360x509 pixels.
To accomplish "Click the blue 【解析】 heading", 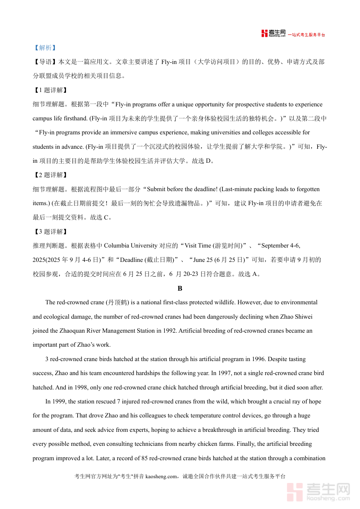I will [44, 48].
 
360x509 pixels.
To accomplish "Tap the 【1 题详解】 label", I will [50, 90].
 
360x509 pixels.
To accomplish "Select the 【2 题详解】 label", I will [50, 175].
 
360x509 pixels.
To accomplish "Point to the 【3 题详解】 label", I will [50, 232].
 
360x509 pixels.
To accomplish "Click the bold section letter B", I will [180, 288].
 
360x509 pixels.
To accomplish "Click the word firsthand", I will [75, 118].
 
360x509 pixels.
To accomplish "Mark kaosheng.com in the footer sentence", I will [161, 477].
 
